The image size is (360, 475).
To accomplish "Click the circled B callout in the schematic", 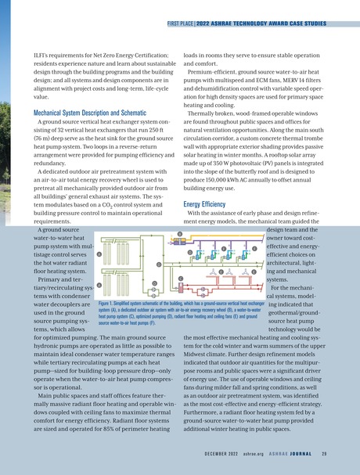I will [x=178, y=234].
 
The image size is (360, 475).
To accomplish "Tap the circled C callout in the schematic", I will [x=181, y=278].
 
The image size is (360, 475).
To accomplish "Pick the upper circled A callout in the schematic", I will [x=99, y=254].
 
